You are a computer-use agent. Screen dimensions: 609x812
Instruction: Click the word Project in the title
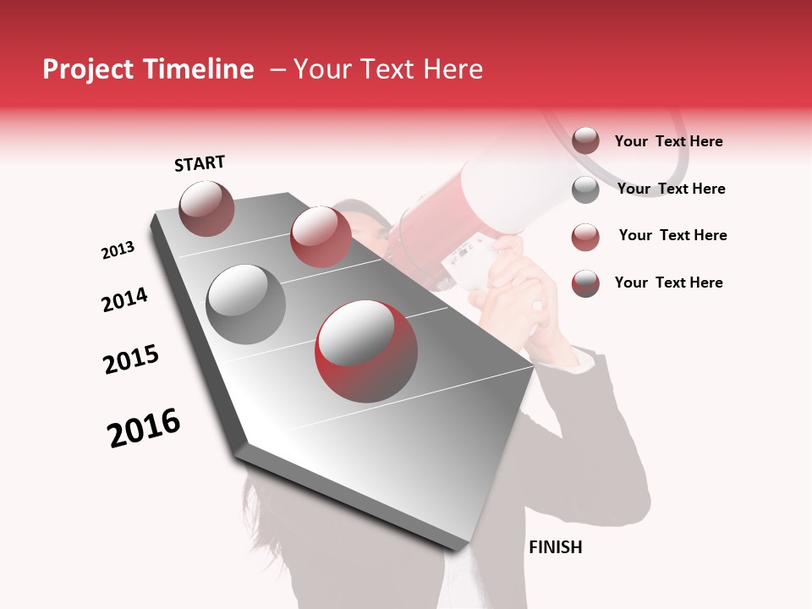(89, 69)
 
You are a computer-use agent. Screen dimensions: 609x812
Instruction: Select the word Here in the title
(453, 69)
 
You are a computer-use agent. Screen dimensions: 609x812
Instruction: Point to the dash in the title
(277, 69)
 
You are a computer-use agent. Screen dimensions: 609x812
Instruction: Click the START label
(200, 163)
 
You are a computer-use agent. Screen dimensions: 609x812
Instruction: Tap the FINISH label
(555, 547)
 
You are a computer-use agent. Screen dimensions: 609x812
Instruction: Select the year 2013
(118, 250)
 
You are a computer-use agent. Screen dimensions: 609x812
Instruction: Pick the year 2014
(124, 299)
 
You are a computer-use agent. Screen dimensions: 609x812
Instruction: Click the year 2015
(131, 359)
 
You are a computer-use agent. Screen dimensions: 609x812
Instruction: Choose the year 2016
(144, 427)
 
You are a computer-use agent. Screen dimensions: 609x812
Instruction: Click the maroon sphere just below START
(207, 208)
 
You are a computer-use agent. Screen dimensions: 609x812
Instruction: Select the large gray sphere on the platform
(246, 304)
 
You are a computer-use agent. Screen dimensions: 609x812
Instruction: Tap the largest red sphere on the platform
(365, 349)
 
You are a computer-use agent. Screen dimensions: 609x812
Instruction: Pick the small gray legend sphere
(585, 189)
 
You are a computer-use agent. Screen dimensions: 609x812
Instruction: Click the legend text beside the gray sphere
(671, 189)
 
